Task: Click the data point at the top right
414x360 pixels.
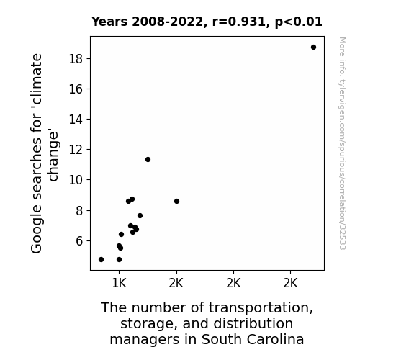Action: point(313,48)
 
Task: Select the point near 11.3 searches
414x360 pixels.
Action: point(148,160)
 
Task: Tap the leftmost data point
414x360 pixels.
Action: point(101,260)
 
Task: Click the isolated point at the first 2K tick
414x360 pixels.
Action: point(176,202)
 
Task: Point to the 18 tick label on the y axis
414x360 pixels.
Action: point(76,58)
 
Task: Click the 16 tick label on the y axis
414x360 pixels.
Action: point(76,89)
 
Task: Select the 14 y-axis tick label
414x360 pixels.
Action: point(76,120)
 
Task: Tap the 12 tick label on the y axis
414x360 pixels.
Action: point(76,150)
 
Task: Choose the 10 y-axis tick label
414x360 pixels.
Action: point(76,180)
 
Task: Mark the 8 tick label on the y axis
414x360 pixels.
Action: point(79,211)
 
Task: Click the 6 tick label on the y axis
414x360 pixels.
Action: point(79,241)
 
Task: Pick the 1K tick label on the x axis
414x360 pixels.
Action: point(119,284)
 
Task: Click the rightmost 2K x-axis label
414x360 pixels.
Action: point(290,284)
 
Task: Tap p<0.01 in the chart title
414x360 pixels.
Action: point(299,22)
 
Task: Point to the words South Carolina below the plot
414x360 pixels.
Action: point(253,339)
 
